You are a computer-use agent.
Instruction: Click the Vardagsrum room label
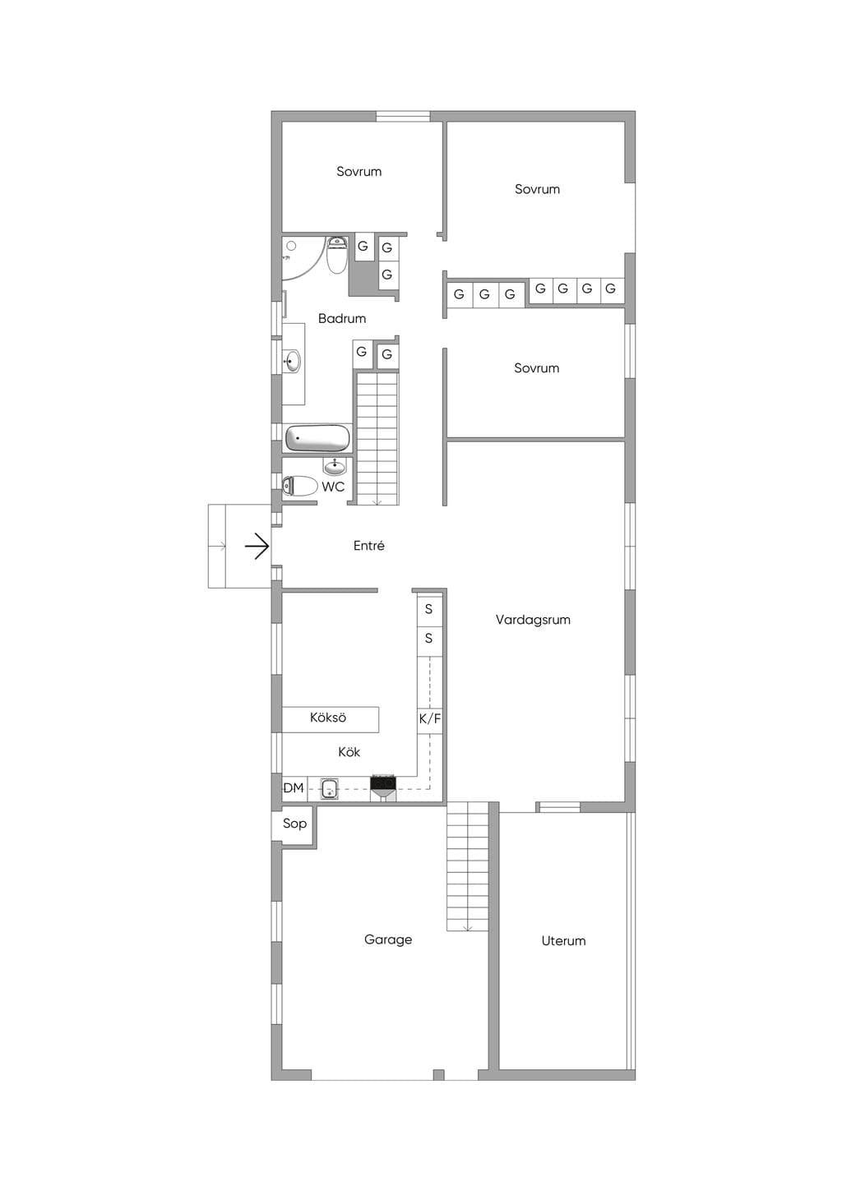(533, 620)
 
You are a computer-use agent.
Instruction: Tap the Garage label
(388, 939)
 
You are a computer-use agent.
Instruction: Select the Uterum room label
(563, 940)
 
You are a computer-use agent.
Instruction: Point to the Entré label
(368, 546)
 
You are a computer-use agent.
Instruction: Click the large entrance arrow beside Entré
(257, 546)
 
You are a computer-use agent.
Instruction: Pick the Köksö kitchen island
(331, 719)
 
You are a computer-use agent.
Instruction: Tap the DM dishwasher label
(293, 788)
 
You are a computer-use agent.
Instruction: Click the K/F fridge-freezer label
(430, 719)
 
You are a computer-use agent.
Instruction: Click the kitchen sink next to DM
(330, 788)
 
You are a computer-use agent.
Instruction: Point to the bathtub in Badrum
(318, 439)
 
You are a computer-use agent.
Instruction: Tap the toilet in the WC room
(299, 486)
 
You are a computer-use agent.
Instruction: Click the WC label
(333, 487)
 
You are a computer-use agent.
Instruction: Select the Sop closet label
(294, 824)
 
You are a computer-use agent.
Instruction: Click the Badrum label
(342, 318)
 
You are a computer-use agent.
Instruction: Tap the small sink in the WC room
(334, 467)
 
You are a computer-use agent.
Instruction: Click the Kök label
(349, 752)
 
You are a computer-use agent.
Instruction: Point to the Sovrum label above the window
(359, 171)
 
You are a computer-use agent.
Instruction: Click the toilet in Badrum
(336, 255)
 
